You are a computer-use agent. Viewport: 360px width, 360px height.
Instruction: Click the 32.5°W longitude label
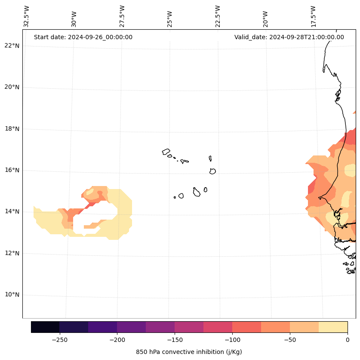click(27, 16)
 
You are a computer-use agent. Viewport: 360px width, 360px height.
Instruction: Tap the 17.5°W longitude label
click(313, 16)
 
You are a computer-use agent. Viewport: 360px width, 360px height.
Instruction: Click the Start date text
click(83, 37)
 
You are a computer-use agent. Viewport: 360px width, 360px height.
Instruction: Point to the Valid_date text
click(289, 37)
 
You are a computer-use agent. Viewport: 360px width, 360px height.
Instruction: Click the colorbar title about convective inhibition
click(189, 352)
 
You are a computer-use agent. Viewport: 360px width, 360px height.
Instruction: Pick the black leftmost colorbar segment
click(45, 327)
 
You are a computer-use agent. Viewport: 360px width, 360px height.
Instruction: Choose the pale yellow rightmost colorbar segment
click(333, 327)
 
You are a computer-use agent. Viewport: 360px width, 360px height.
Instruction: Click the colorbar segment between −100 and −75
click(246, 327)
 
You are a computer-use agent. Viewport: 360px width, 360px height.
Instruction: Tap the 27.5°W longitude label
click(122, 16)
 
